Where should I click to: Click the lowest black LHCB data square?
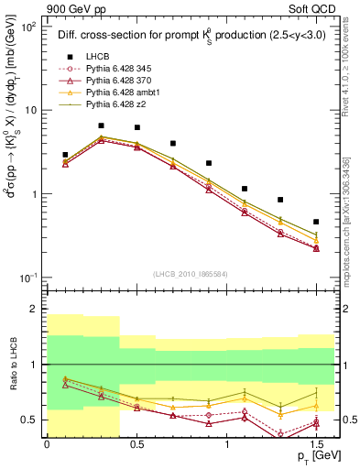tap(316, 222)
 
